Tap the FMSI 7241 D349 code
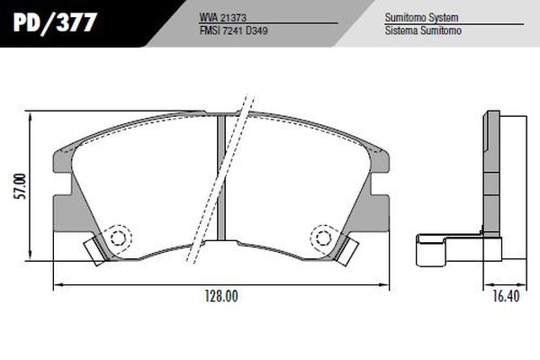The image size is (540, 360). pyautogui.click(x=233, y=30)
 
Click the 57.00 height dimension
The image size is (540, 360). pyautogui.click(x=20, y=189)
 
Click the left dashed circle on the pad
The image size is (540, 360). pyautogui.click(x=118, y=238)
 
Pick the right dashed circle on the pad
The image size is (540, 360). pyautogui.click(x=321, y=238)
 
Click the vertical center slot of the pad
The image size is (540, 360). pyautogui.click(x=220, y=180)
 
